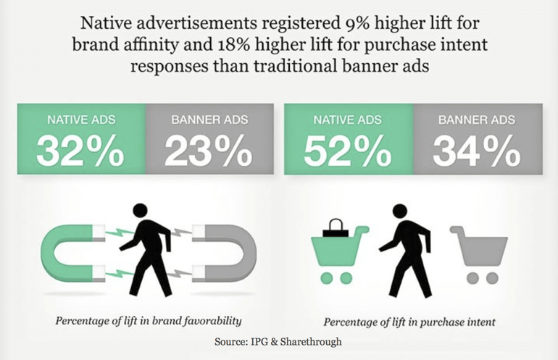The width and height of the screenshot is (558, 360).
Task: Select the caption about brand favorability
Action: tap(149, 321)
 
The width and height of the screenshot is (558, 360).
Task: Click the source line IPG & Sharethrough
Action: tap(279, 341)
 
